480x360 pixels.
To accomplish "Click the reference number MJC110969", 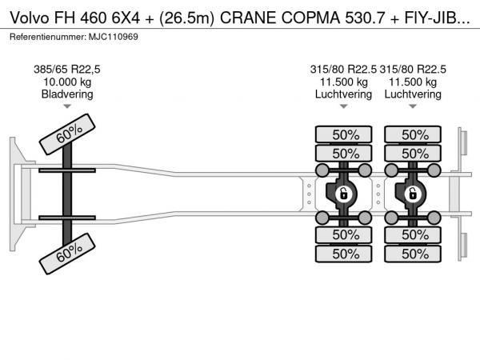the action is (x=114, y=37).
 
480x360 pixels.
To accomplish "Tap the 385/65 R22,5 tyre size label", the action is (x=67, y=70).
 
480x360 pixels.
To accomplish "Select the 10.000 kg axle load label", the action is (x=67, y=82).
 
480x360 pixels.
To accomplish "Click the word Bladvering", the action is (x=67, y=94).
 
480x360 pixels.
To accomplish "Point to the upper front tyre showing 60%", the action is (x=67, y=134).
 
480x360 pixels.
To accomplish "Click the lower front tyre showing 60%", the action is (x=67, y=254).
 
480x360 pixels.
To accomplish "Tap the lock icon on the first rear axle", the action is (x=343, y=194).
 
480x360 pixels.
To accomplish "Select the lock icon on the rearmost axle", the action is (x=413, y=194).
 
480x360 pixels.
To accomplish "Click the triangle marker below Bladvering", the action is (x=67, y=106).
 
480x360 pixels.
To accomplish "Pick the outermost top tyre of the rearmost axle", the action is (x=413, y=134).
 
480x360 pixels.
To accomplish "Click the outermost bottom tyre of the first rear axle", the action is (x=343, y=254).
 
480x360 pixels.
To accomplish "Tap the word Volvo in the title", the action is (x=30, y=18).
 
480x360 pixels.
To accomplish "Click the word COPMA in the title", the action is (x=310, y=18).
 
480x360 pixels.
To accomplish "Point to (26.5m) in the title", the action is (x=186, y=18).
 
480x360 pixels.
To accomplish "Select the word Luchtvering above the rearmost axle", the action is (x=413, y=94).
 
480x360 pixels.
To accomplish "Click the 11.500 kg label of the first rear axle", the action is (x=343, y=82).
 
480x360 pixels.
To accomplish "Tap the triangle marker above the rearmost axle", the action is (x=413, y=106).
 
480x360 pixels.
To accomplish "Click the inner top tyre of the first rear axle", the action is (x=343, y=154).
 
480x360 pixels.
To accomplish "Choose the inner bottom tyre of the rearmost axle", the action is (x=413, y=234).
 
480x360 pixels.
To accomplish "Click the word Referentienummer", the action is (x=48, y=37).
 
